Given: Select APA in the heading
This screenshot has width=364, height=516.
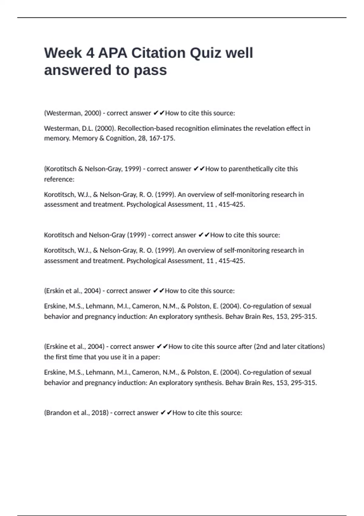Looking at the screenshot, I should pyautogui.click(x=113, y=53).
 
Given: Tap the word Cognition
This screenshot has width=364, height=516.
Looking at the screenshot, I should pyautogui.click(x=120, y=138).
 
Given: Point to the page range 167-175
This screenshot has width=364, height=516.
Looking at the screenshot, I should pyautogui.click(x=162, y=138).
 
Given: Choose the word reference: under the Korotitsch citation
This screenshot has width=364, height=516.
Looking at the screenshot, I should pyautogui.click(x=59, y=179).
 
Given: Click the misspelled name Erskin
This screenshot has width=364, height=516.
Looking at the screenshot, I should pyautogui.click(x=55, y=291).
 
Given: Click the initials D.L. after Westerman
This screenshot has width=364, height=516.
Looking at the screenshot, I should pyautogui.click(x=87, y=128).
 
